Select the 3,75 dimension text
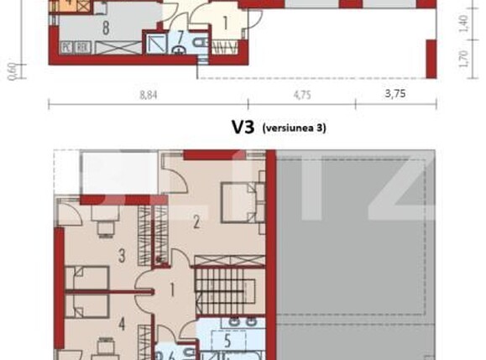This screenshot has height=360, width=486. [395, 95]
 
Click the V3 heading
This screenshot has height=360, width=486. [243, 128]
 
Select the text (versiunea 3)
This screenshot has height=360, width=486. [294, 128]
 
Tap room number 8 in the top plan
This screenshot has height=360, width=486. [107, 27]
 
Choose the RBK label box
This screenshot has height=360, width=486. [83, 47]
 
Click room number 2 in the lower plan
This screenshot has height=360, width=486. [196, 222]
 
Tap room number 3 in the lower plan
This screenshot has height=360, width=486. [123, 254]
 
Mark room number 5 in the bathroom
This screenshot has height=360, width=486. [227, 341]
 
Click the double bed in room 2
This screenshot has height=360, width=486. [242, 201]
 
